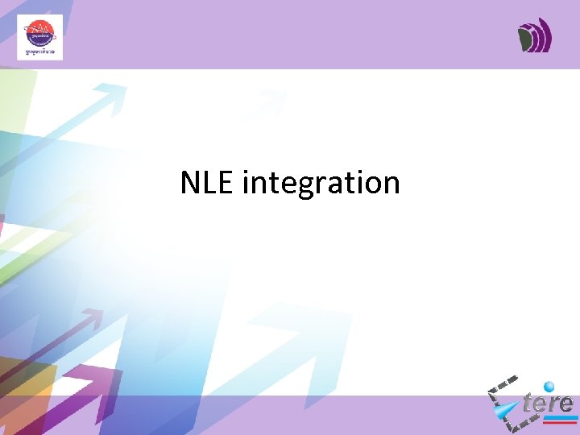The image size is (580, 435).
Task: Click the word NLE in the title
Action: tap(207, 183)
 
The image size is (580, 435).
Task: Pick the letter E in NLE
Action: tap(225, 183)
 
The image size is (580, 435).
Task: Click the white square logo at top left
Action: tap(39, 37)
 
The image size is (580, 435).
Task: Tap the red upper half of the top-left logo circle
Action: tap(39, 31)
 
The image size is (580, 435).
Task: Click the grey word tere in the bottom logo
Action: tap(548, 402)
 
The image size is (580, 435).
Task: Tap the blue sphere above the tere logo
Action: tap(550, 387)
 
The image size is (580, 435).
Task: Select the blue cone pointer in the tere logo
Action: tap(508, 412)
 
